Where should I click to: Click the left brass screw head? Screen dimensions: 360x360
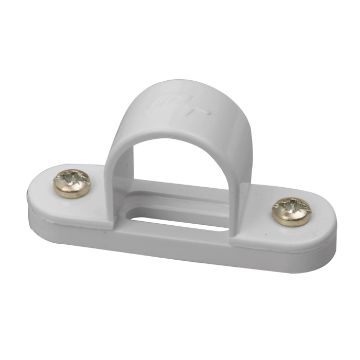(x=72, y=183)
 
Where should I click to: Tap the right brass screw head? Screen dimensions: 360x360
(x=291, y=211)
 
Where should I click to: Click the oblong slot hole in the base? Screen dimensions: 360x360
(x=180, y=222)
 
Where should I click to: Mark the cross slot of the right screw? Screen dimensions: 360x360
(x=291, y=208)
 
